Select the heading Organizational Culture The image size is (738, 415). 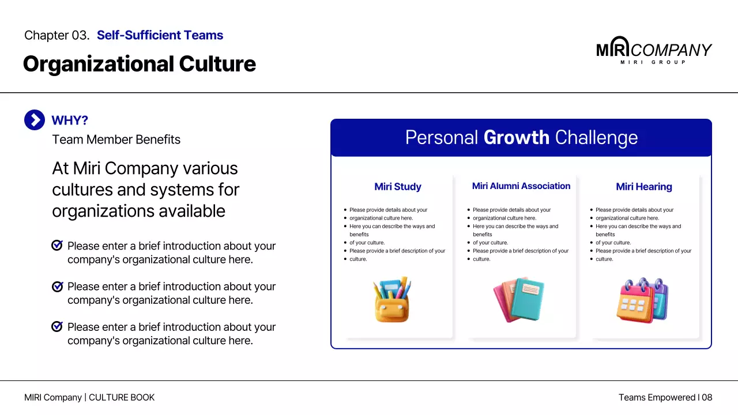(x=139, y=64)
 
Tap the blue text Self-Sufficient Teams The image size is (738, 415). (x=160, y=35)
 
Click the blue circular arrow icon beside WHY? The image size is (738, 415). (x=35, y=120)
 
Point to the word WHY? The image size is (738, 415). (x=70, y=120)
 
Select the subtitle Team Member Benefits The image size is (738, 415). (x=116, y=139)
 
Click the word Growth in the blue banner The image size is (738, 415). (x=516, y=138)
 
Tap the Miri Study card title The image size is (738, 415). (x=398, y=187)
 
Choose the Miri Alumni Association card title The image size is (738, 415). (x=521, y=186)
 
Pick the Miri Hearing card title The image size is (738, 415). (x=644, y=187)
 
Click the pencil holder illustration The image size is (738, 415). (x=391, y=299)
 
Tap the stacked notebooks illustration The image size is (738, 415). (x=518, y=300)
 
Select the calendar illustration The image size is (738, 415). (x=642, y=300)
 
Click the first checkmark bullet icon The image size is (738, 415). (x=57, y=246)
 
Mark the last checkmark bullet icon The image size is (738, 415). (x=57, y=327)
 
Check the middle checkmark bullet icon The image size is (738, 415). (x=57, y=286)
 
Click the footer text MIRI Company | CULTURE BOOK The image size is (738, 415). (x=89, y=398)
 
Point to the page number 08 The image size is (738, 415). (x=707, y=398)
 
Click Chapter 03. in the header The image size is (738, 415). (x=57, y=35)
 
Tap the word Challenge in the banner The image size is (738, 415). (x=596, y=138)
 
